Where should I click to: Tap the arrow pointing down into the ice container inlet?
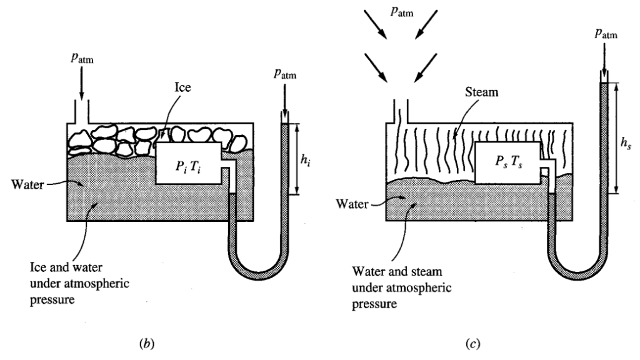coord(81,84)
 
